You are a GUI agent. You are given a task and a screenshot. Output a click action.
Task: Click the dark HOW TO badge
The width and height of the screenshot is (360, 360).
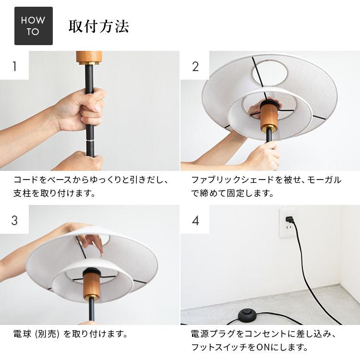[x=33, y=26]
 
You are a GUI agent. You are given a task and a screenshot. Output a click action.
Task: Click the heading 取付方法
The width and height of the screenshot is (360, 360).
[x=99, y=26]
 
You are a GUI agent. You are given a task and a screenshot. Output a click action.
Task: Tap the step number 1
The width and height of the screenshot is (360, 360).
[x=14, y=66]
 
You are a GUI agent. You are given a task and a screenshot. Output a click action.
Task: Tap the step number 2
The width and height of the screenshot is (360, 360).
[x=195, y=66]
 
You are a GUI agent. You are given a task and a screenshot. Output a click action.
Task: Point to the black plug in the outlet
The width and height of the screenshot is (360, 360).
[x=289, y=220]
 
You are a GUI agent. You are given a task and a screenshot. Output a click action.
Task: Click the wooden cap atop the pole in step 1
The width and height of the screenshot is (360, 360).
[x=89, y=57]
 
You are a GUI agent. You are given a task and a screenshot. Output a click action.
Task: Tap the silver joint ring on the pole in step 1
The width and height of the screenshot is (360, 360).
[x=90, y=140]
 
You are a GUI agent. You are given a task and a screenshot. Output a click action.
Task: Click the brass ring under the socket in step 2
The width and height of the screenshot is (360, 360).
[x=269, y=129]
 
